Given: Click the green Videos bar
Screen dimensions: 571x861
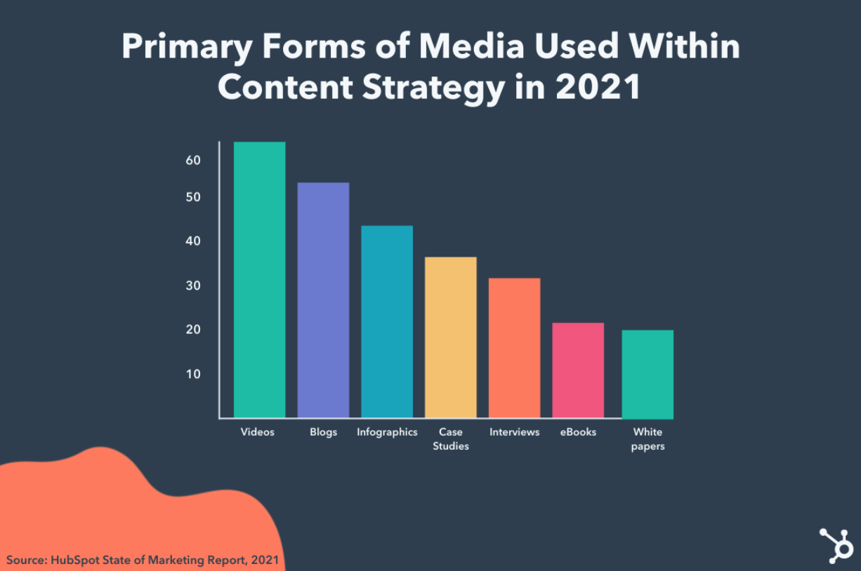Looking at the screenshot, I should (x=259, y=280).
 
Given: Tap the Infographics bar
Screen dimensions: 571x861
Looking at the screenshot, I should (x=387, y=322).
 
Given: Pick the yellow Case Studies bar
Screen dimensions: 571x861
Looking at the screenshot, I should (x=450, y=337).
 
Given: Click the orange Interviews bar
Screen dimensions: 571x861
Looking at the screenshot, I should (x=514, y=348).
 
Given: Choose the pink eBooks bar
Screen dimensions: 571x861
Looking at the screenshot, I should (x=578, y=370).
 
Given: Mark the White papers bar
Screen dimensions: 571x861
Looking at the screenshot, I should (x=648, y=375).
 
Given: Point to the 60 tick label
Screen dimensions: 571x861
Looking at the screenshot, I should (x=193, y=160).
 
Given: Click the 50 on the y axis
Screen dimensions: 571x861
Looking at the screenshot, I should (x=193, y=198).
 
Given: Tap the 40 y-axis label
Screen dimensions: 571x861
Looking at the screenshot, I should (x=193, y=241).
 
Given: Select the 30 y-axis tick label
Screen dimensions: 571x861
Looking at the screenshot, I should (x=193, y=285).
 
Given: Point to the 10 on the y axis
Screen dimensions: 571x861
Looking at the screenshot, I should (x=193, y=374).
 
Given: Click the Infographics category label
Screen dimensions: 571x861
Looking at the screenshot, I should (x=387, y=432).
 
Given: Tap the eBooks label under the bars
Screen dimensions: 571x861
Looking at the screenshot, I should (x=578, y=432).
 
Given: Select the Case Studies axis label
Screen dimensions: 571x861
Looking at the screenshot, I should (x=450, y=439).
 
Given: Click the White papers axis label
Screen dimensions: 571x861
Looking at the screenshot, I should (x=648, y=439).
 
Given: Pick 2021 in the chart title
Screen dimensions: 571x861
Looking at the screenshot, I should (x=598, y=88).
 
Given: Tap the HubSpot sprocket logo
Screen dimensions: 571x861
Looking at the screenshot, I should (x=836, y=545).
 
